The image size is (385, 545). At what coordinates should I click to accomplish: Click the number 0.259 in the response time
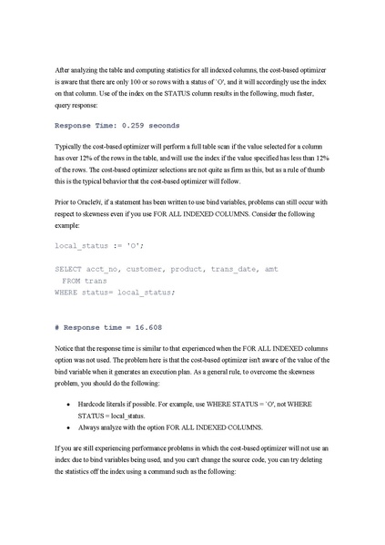coord(137,124)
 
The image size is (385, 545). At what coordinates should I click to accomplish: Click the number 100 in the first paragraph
coord(187,81)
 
